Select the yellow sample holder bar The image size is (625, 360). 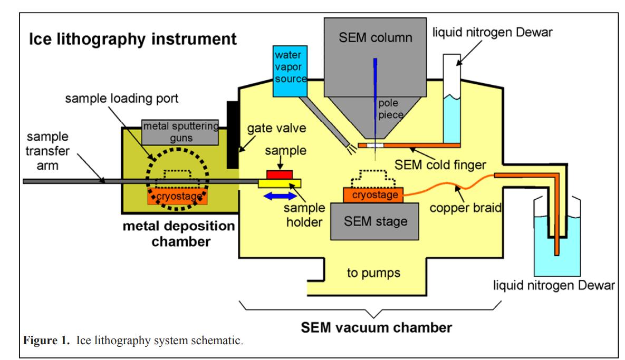tap(280, 183)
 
